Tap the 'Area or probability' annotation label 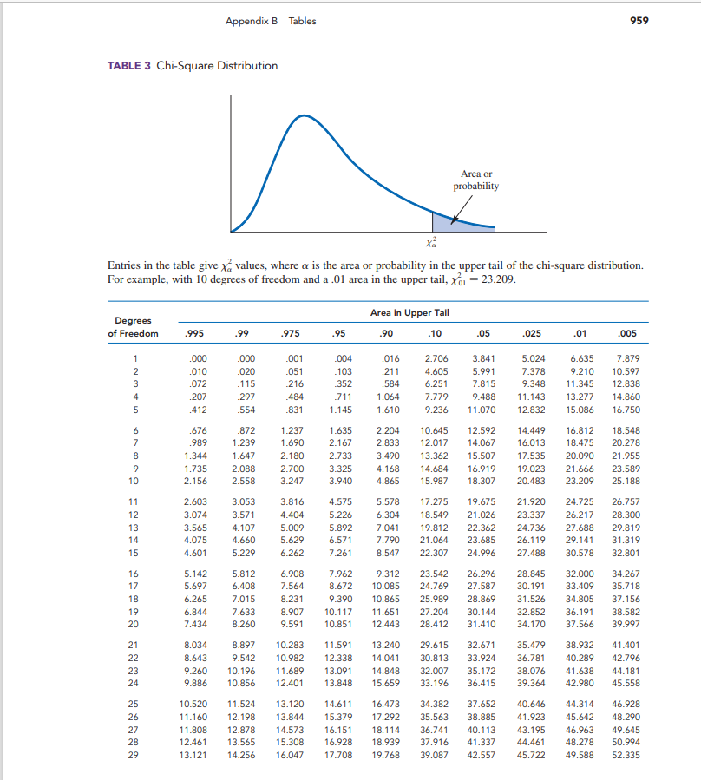(476, 180)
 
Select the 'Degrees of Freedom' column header (133, 327)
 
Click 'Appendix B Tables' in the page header (271, 21)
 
